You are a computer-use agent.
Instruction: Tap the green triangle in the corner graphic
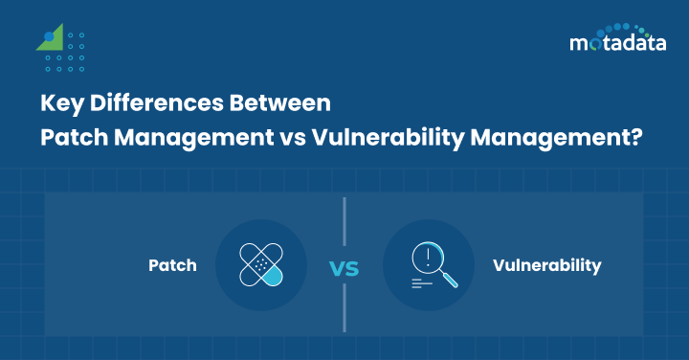click(x=53, y=38)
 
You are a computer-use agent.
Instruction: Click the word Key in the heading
click(x=58, y=102)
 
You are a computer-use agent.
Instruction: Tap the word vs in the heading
click(x=290, y=137)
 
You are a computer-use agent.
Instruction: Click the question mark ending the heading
click(x=633, y=137)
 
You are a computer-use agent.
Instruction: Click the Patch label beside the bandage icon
click(x=172, y=265)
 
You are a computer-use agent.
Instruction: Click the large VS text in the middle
click(x=344, y=267)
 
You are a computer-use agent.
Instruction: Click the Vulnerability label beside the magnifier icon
click(x=547, y=265)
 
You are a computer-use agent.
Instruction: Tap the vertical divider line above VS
click(x=344, y=222)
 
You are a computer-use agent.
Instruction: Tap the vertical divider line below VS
click(x=344, y=308)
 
